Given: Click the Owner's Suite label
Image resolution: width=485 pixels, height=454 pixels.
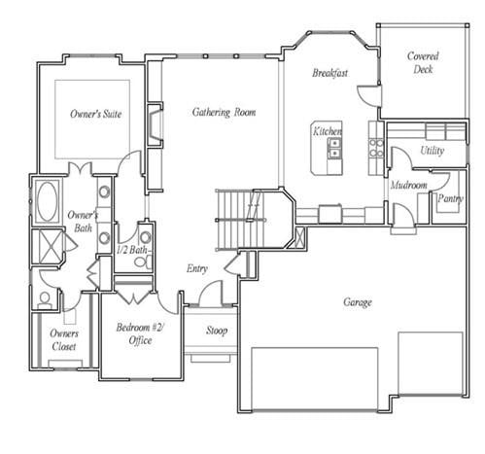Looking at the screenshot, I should [94, 114].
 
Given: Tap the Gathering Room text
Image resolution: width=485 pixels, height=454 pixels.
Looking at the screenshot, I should [224, 113].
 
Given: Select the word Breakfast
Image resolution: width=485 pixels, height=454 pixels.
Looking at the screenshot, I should [330, 74].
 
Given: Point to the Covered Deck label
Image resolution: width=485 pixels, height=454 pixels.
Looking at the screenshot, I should [422, 63].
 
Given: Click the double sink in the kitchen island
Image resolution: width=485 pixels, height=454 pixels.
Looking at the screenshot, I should [334, 149].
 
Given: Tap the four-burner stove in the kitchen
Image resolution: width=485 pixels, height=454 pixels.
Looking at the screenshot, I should [375, 148].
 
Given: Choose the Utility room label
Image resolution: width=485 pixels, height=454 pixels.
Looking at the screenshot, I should [433, 151].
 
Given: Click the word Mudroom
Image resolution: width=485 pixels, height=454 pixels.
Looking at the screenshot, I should [409, 185].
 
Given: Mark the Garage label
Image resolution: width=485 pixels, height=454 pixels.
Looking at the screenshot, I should [357, 302].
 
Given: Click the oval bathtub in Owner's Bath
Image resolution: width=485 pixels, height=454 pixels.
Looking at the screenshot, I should [46, 201].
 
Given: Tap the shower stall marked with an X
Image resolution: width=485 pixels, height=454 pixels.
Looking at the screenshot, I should [46, 244].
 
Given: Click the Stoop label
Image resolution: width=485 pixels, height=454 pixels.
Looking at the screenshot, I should [216, 331].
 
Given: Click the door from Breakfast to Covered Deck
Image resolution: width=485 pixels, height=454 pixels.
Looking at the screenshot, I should [366, 95].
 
